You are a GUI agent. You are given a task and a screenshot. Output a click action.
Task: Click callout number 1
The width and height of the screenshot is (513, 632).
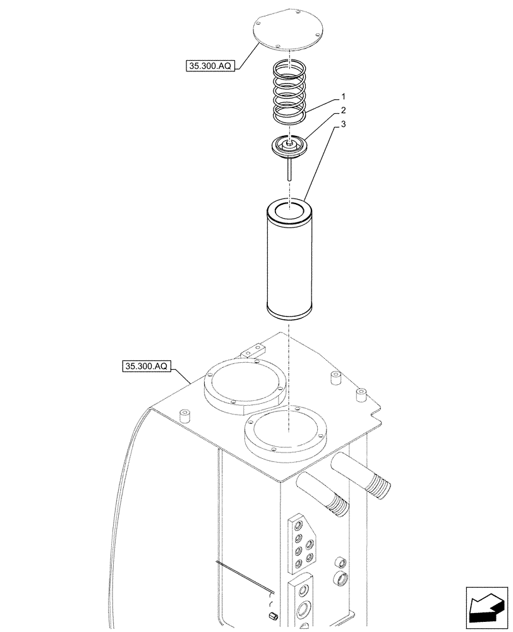343,97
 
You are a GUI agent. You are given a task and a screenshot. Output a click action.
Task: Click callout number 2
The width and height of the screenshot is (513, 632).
343,111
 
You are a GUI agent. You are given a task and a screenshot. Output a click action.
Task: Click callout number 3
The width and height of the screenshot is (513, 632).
343,125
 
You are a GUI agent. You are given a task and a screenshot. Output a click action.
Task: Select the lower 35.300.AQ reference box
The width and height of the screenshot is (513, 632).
147,366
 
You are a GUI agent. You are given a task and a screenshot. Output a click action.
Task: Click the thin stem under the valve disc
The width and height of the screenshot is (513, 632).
289,169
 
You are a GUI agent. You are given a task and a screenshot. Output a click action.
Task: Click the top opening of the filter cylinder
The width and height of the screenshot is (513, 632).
289,208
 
